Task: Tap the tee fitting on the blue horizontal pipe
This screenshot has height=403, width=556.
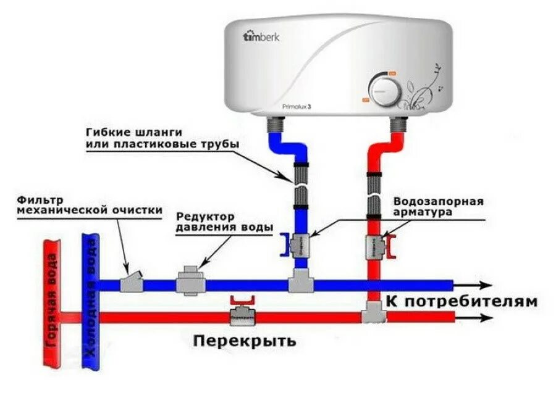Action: coord(301,284)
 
